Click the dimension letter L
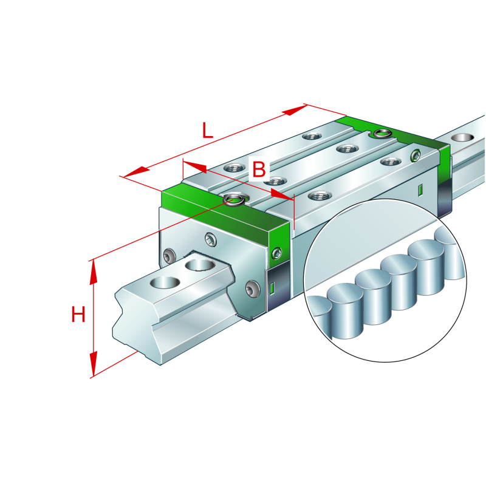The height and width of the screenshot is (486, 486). coord(208,131)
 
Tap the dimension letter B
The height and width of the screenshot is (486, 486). coord(259,169)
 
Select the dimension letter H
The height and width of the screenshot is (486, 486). coord(78,315)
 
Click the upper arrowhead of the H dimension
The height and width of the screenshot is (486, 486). coord(94,272)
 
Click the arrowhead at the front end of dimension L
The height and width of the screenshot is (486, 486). coord(135,172)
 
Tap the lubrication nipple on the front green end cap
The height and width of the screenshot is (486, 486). coord(233,197)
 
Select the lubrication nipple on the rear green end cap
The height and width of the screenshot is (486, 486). coord(381,133)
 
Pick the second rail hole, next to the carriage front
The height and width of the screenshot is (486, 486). coord(199,265)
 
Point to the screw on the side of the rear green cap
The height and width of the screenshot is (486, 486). coord(416,156)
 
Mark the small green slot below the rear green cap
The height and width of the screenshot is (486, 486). coord(420,190)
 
